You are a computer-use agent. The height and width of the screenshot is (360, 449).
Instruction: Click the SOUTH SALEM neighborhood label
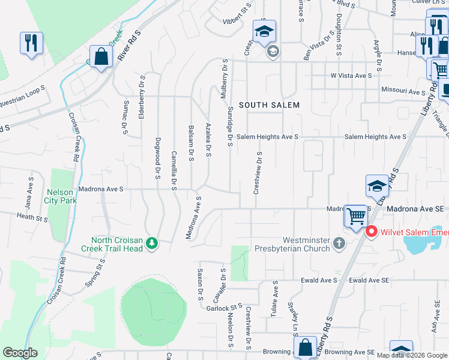(x=269, y=105)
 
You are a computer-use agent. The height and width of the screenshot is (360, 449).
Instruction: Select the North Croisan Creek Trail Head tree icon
(x=152, y=243)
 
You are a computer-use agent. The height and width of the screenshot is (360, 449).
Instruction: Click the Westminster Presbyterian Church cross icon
(x=339, y=244)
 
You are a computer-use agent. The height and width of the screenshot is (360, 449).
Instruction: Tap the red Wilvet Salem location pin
(x=371, y=230)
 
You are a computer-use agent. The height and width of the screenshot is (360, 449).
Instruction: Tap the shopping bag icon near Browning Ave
(x=305, y=347)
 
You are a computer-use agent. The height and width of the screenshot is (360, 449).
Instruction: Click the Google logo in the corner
(x=20, y=353)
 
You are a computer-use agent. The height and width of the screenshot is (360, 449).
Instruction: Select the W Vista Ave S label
(x=351, y=76)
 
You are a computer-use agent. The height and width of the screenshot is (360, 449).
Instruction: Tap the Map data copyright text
(x=412, y=355)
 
